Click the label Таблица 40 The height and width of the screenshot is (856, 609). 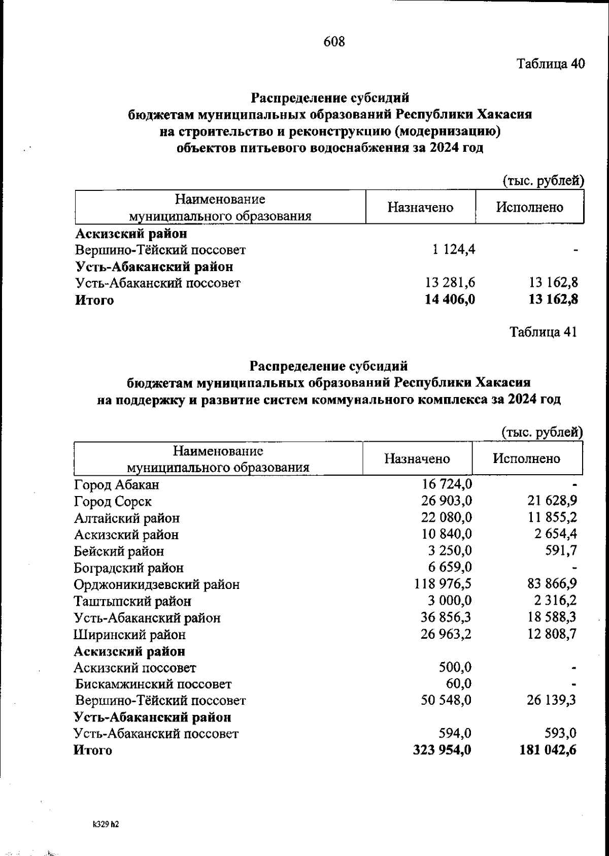(551, 64)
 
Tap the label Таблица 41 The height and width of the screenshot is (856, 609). (543, 332)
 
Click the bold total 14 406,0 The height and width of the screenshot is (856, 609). (450, 300)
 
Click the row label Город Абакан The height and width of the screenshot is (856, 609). (116, 485)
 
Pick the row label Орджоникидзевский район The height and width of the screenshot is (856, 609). (156, 585)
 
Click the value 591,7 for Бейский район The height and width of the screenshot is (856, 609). (560, 551)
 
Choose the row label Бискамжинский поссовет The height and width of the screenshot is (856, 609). (153, 684)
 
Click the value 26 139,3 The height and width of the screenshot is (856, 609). (550, 701)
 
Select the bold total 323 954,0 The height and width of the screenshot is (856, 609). (443, 750)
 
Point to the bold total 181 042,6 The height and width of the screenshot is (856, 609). (548, 750)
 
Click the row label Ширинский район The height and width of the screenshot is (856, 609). (129, 635)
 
